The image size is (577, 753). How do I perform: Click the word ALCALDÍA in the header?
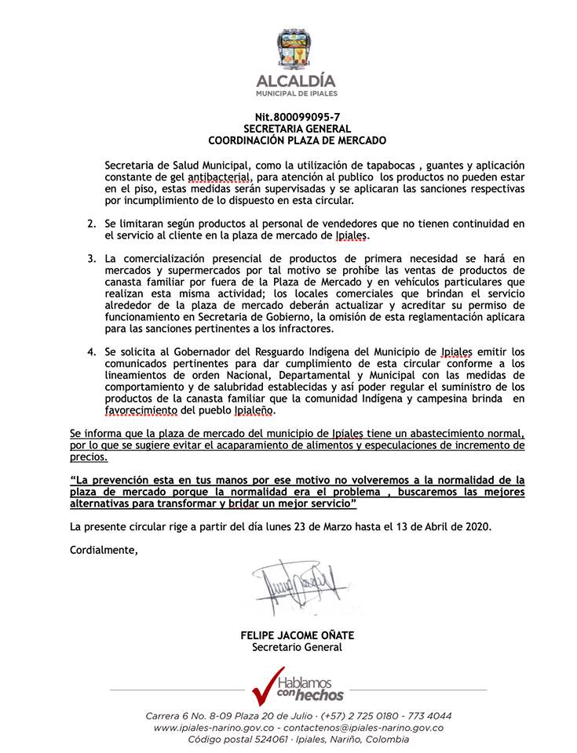tap(296, 81)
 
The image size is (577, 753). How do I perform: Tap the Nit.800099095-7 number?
tap(296, 117)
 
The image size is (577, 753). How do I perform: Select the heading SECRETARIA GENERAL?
tap(296, 129)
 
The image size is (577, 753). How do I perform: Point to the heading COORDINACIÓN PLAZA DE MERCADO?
tap(296, 140)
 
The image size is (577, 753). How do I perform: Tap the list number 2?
tap(92, 224)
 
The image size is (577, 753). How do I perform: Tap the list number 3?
tap(92, 258)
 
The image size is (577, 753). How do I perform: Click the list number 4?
tap(92, 352)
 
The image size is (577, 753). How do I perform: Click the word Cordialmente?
tap(104, 550)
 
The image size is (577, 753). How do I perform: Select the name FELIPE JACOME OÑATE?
tap(297, 636)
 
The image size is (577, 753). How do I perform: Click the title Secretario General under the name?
tap(297, 648)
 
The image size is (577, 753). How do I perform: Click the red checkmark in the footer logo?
tap(265, 685)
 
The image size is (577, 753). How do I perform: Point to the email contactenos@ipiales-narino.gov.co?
tap(368, 728)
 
